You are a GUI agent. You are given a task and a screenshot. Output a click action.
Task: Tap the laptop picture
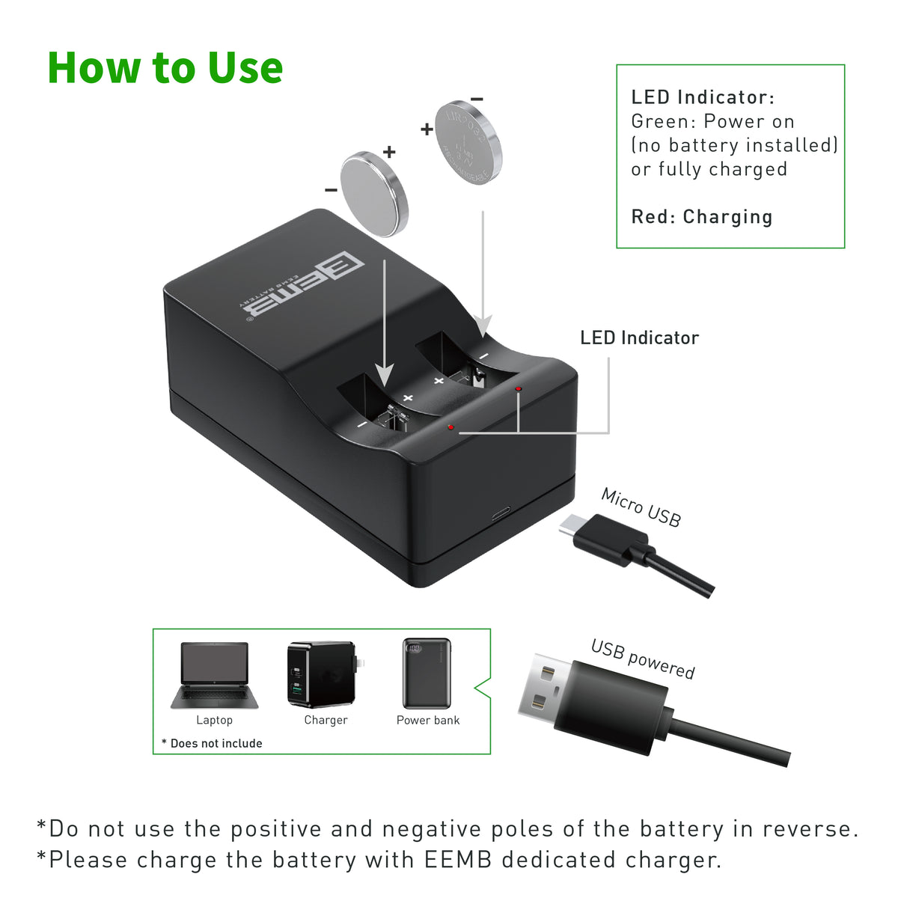[x=214, y=674]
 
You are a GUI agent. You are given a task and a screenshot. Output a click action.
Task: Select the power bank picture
[x=427, y=673]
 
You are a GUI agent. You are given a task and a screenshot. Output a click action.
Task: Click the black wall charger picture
[x=323, y=674]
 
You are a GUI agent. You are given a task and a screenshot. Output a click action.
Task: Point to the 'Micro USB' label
[x=641, y=507]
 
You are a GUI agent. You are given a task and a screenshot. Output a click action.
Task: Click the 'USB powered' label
[x=643, y=659]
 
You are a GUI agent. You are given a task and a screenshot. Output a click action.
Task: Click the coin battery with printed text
[x=468, y=142]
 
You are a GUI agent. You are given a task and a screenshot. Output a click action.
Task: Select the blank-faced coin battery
[x=374, y=193]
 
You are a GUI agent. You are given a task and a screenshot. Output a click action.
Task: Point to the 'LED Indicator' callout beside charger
[x=639, y=338]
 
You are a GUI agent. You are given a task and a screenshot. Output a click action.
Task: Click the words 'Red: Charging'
[x=702, y=217]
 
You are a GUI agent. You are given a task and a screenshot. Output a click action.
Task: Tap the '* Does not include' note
[x=212, y=743]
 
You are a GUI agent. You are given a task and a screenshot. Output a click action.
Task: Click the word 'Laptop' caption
[x=214, y=720]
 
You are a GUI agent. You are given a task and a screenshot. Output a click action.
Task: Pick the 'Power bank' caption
[x=428, y=720]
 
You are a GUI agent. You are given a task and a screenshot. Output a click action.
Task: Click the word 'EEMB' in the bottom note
[x=458, y=859]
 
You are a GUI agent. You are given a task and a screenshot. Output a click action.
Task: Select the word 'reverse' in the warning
[x=810, y=829]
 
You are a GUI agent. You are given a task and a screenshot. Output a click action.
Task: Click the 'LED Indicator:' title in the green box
[x=703, y=97]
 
